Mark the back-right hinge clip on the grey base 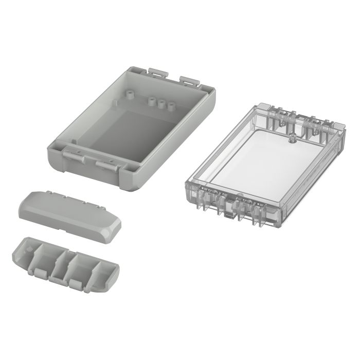[189, 81]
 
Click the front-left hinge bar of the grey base [73, 153]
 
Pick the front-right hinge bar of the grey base [108, 164]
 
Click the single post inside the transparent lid [291, 137]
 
